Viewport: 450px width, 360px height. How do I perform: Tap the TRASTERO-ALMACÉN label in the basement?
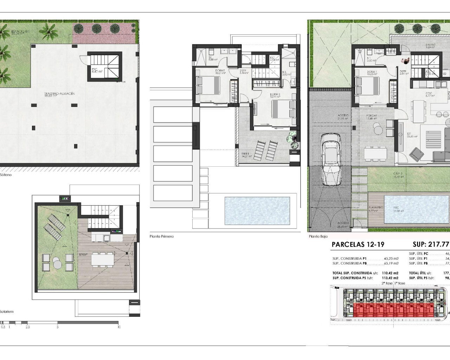click(59, 94)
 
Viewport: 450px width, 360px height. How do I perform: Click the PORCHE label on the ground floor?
click(372, 116)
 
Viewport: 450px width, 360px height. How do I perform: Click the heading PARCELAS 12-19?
click(358, 245)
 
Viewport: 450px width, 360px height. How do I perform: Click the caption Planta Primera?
click(161, 237)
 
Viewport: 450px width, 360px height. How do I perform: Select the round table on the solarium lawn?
click(57, 262)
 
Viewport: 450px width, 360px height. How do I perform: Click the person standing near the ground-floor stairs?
click(406, 61)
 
